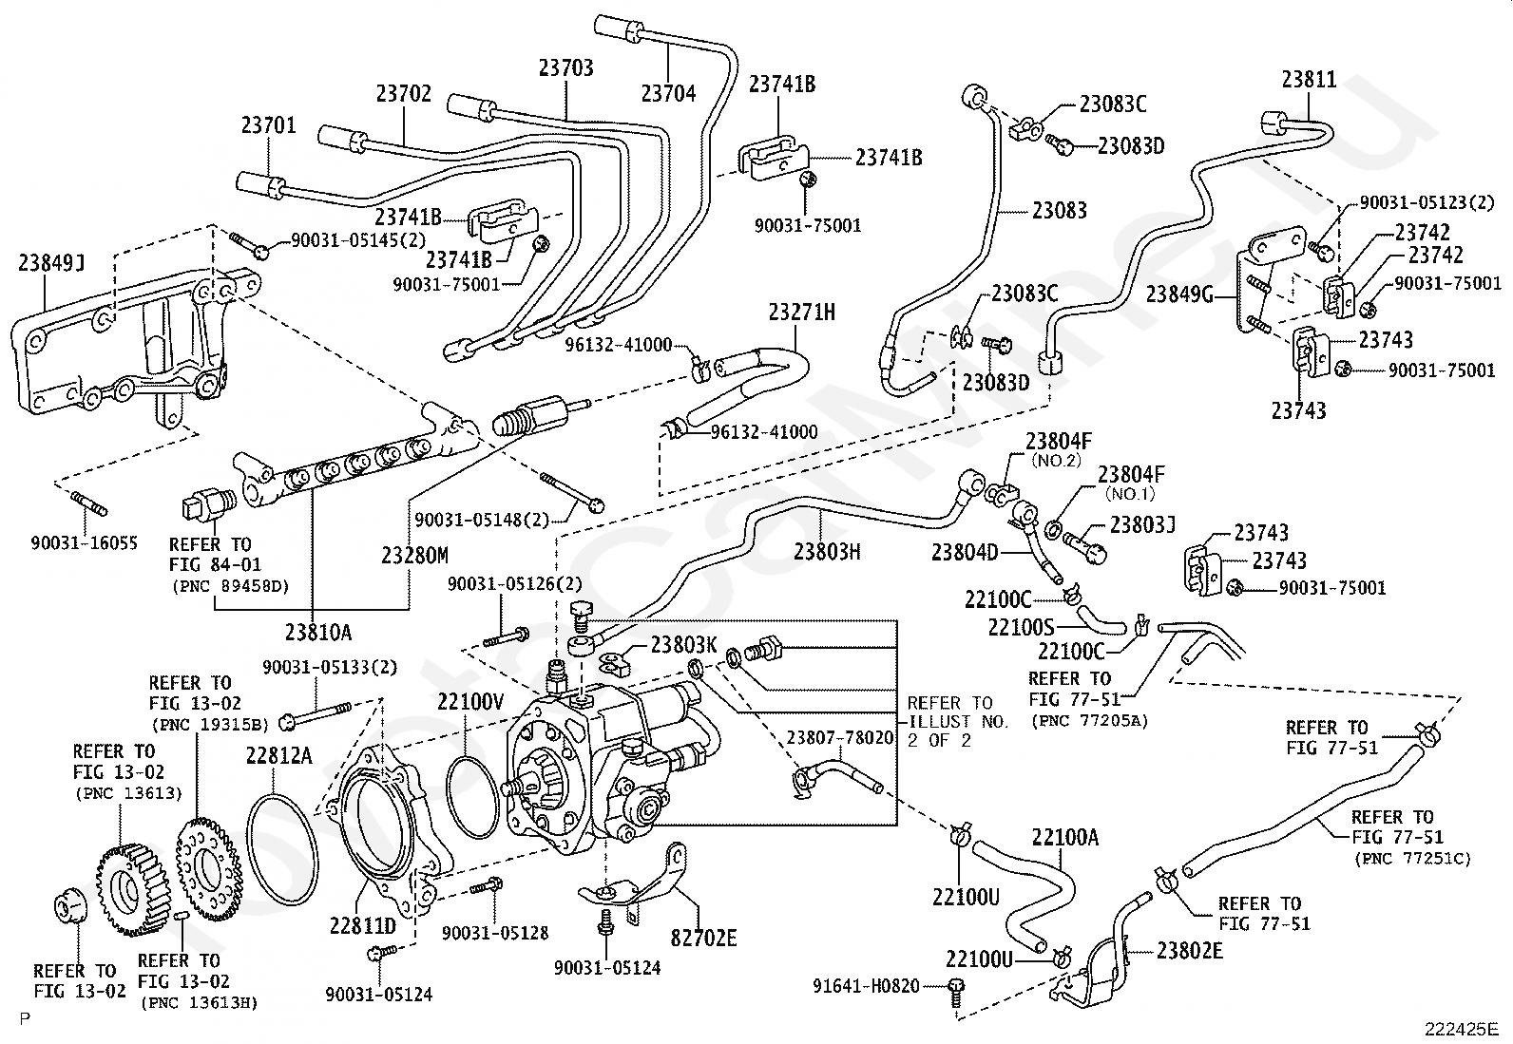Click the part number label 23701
[268, 125]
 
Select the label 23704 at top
[668, 93]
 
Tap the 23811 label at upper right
[1309, 80]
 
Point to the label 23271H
[802, 313]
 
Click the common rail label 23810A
[317, 630]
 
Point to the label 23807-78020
[839, 737]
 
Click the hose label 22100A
[1064, 837]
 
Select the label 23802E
[1190, 950]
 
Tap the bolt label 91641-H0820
[867, 986]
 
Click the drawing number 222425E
[1461, 1028]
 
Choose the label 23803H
[827, 550]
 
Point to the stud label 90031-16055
[84, 542]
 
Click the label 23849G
[1179, 294]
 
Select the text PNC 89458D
[230, 585]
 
